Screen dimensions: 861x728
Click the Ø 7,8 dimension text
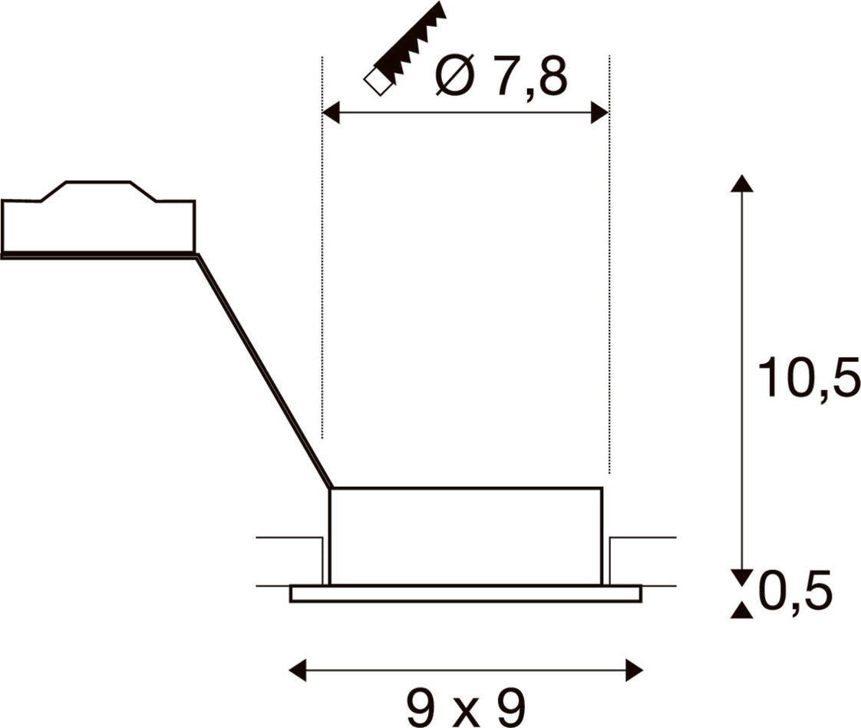click(501, 75)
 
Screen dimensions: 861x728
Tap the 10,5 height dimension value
click(808, 377)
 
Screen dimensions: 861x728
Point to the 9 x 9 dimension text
click(467, 708)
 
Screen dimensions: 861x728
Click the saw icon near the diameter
click(405, 49)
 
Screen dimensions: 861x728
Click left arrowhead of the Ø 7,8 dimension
click(331, 113)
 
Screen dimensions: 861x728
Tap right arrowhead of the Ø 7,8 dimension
click(599, 113)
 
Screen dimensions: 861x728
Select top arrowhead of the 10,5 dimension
click(742, 183)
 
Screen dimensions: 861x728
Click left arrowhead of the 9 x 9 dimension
click(298, 670)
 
